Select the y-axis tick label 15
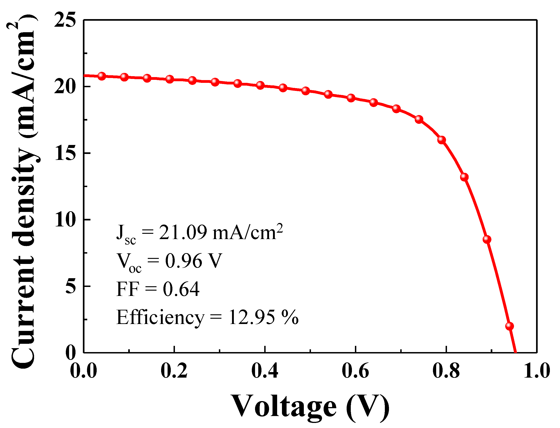(65, 153)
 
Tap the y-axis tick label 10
(65, 220)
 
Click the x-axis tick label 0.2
(174, 371)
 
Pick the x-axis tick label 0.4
(265, 371)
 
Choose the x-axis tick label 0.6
(355, 371)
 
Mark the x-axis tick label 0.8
(446, 371)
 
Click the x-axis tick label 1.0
(537, 371)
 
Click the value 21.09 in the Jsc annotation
(183, 232)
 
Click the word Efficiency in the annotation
(160, 318)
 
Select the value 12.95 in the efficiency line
(252, 318)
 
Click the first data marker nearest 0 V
(102, 76)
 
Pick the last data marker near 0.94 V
(509, 326)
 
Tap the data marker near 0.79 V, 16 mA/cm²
(441, 140)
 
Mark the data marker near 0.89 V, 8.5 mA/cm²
(487, 239)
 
